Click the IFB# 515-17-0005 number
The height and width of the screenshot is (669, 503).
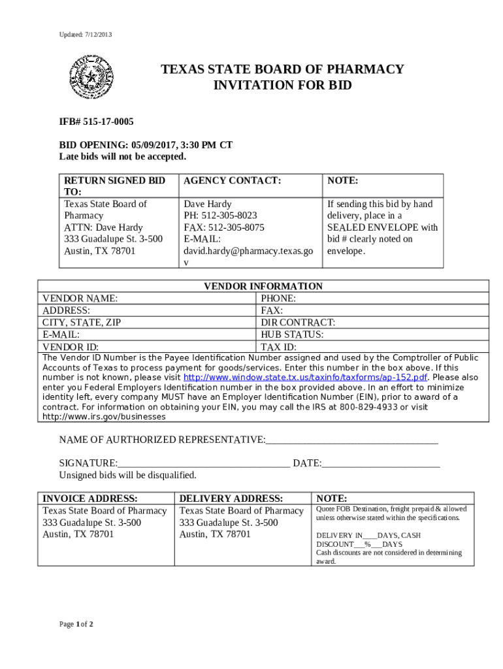[97, 122]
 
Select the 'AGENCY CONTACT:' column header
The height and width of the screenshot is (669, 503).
[232, 180]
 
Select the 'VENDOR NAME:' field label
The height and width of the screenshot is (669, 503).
[80, 299]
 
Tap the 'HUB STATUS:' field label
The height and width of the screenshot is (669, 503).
[292, 334]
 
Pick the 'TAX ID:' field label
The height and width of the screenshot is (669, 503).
[279, 347]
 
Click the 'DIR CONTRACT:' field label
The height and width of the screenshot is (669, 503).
[298, 323]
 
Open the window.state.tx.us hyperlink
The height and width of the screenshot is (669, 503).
[306, 378]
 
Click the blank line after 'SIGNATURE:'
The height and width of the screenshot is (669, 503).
[204, 464]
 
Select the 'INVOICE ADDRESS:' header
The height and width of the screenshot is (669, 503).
[89, 498]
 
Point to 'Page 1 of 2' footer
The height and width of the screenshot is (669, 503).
[76, 624]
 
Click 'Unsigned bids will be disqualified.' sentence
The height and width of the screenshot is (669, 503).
[127, 475]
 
